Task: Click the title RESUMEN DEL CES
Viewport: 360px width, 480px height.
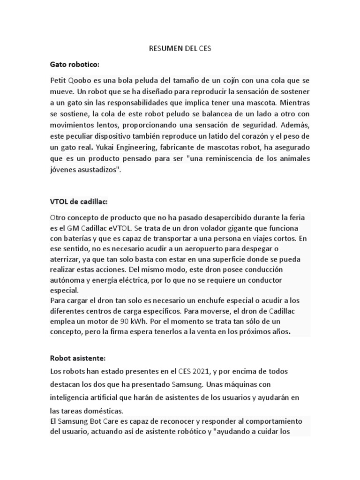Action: pos(180,48)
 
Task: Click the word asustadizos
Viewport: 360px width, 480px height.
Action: pos(95,170)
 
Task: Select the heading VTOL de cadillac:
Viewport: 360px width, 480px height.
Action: pos(79,202)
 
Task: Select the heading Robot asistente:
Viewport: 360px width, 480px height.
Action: pos(78,358)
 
